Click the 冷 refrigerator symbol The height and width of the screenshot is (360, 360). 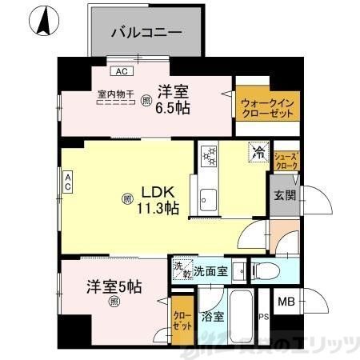tap(258, 150)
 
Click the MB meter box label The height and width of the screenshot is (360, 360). tap(285, 303)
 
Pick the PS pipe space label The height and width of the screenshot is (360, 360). tap(263, 316)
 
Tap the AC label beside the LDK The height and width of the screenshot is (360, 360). tap(69, 182)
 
